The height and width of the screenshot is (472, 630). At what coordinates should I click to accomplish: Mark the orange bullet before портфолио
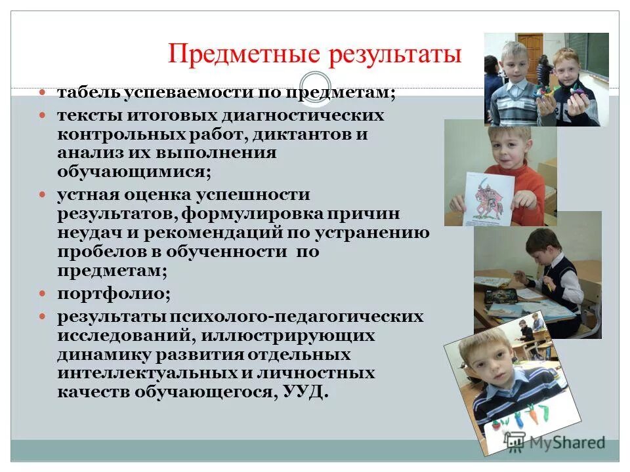(x=43, y=294)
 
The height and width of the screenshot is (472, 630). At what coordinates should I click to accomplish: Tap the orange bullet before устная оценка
(x=43, y=195)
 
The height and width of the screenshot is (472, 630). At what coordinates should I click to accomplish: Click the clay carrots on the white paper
(x=525, y=416)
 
